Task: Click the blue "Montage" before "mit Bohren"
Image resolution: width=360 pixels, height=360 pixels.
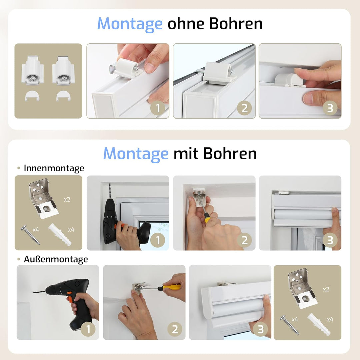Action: (x=136, y=154)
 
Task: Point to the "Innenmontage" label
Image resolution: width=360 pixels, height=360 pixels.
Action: (x=54, y=168)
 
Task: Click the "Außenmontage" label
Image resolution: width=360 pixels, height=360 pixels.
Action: (x=56, y=259)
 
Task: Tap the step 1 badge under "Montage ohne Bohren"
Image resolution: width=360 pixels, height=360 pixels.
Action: (x=158, y=108)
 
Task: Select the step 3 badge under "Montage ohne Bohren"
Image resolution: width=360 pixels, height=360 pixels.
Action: (x=330, y=108)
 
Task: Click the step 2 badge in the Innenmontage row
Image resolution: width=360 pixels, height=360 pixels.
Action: (x=244, y=240)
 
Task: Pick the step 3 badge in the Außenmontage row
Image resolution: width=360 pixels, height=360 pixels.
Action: (x=261, y=329)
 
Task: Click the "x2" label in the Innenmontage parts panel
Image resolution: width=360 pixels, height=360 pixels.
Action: (x=67, y=199)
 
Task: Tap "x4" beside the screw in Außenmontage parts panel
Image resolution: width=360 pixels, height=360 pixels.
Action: (x=295, y=319)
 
